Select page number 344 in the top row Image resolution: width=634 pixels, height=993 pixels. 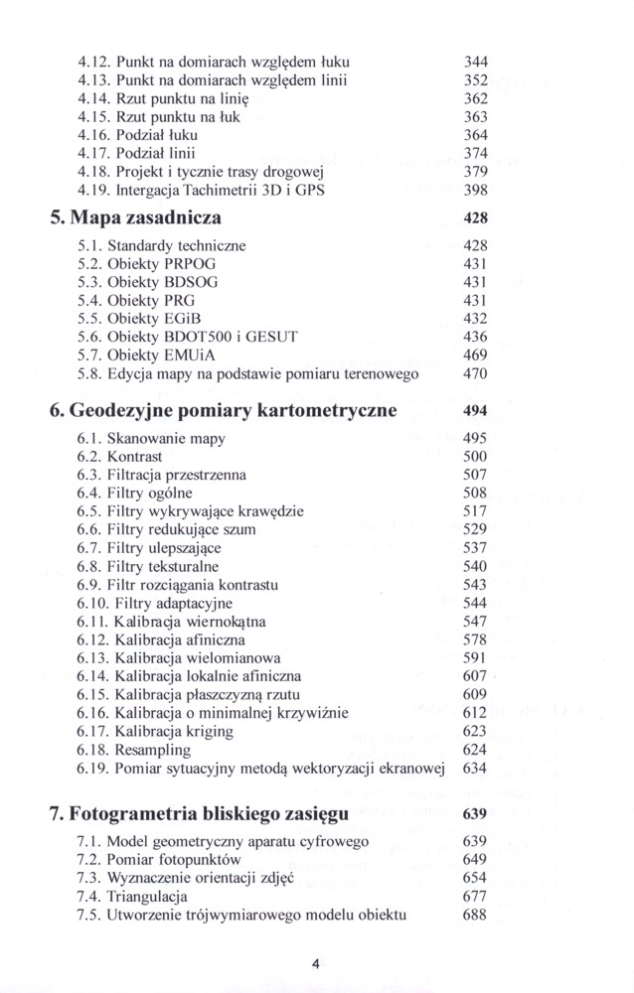click(x=477, y=60)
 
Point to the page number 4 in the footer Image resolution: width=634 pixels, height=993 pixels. click(x=315, y=961)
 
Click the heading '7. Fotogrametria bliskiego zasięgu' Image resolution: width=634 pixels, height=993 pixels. click(x=199, y=814)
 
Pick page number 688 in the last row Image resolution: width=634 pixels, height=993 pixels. click(x=475, y=915)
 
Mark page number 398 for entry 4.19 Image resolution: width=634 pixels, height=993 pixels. click(x=477, y=191)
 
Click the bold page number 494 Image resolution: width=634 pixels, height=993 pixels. click(x=475, y=410)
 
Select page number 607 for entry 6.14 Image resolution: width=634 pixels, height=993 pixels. click(x=476, y=676)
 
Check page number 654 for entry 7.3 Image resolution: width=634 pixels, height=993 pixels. click(x=475, y=879)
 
